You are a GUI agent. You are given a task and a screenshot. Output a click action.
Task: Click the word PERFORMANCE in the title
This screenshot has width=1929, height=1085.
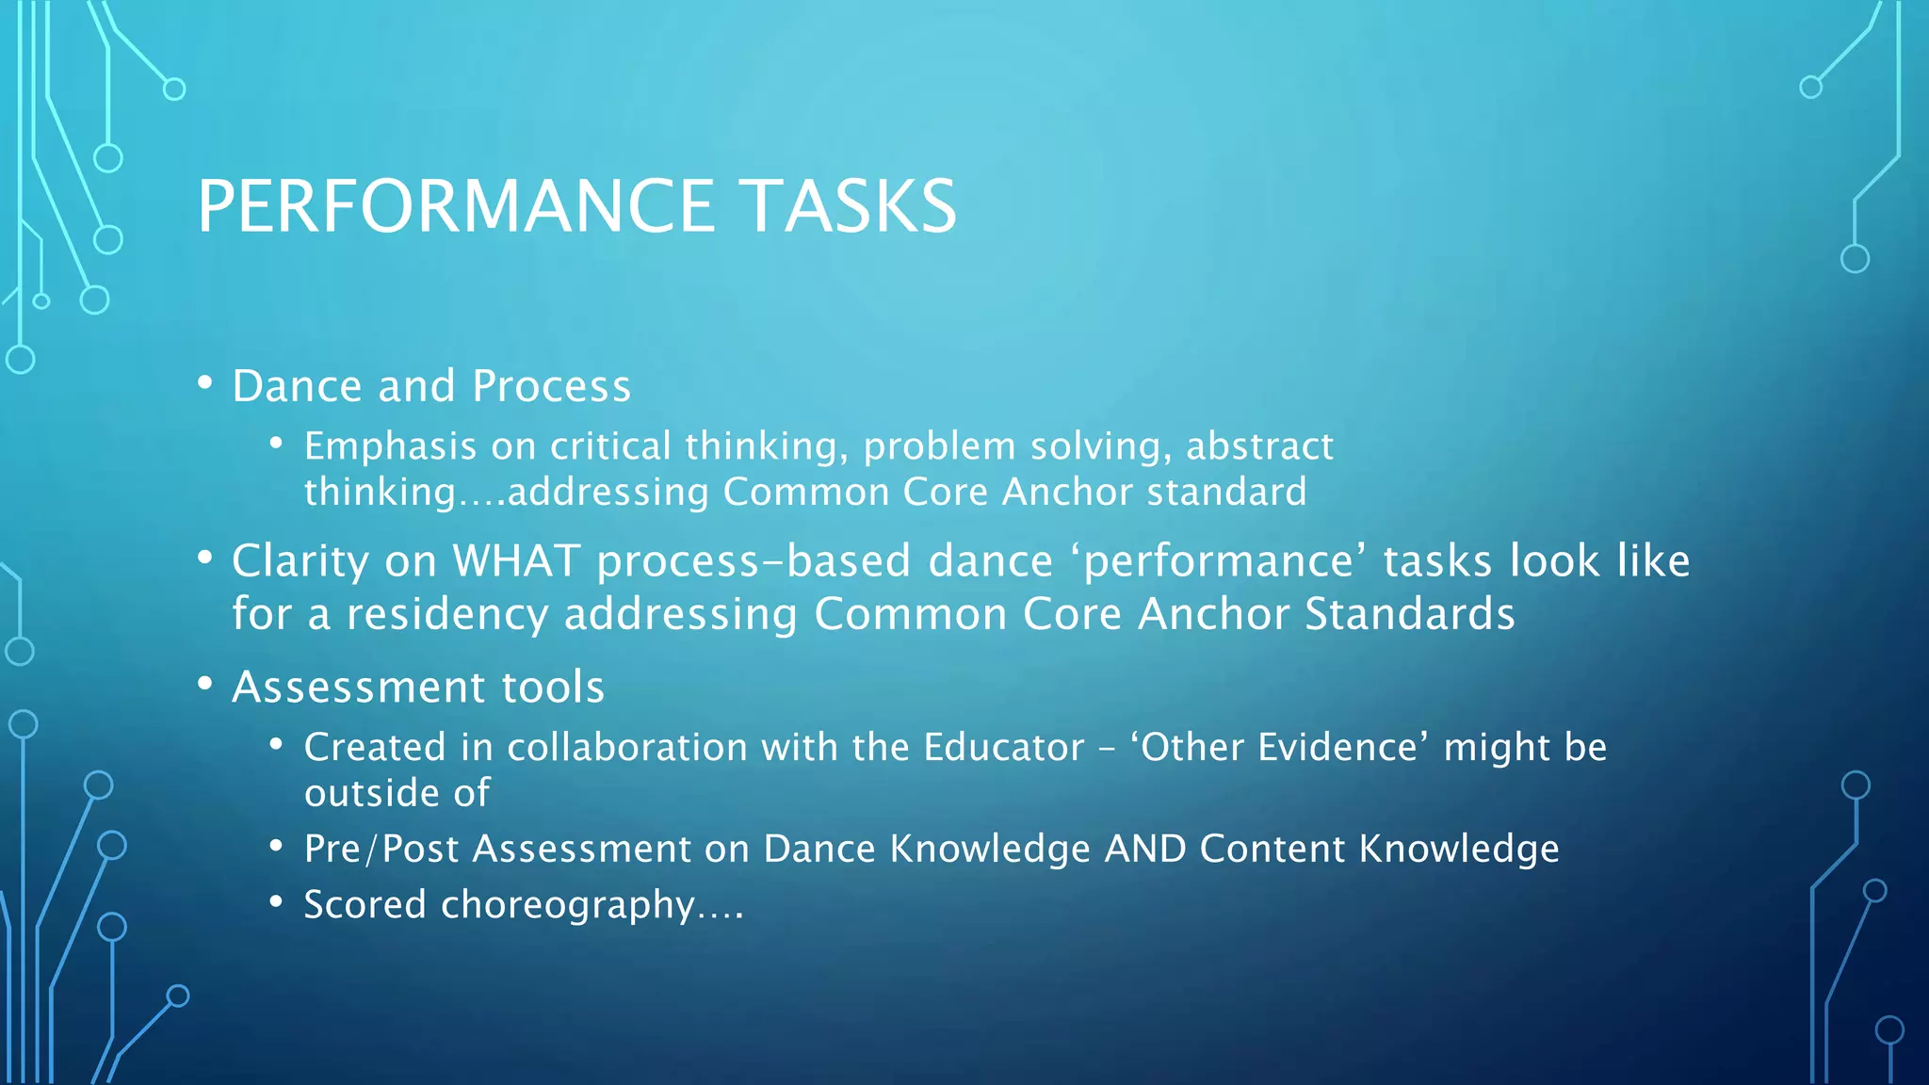click(x=456, y=206)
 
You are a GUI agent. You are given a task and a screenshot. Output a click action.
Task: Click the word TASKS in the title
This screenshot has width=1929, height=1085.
click(x=847, y=206)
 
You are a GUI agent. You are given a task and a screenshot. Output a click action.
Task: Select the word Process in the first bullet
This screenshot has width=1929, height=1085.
click(x=551, y=386)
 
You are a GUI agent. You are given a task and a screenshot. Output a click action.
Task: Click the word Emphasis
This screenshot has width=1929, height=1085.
click(x=390, y=446)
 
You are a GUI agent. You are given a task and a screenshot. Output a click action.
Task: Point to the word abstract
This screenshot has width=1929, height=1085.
click(x=1259, y=446)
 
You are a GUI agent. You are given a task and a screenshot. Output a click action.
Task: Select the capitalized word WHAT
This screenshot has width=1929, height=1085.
click(x=516, y=561)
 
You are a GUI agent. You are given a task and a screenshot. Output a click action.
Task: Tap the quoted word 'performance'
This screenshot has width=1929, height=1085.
click(x=1218, y=562)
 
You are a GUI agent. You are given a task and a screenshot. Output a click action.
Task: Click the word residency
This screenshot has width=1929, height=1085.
click(x=447, y=615)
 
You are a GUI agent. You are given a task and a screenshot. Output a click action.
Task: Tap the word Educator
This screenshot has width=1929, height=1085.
click(x=1004, y=748)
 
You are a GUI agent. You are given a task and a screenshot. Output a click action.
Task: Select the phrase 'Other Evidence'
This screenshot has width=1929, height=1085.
click(x=1279, y=748)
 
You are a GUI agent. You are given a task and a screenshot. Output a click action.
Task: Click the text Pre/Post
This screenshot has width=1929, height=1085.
click(x=381, y=850)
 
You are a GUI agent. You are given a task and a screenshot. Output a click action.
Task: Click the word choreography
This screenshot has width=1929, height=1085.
click(x=568, y=906)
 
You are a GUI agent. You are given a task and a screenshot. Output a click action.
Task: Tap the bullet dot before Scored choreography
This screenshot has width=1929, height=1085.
click(x=276, y=902)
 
